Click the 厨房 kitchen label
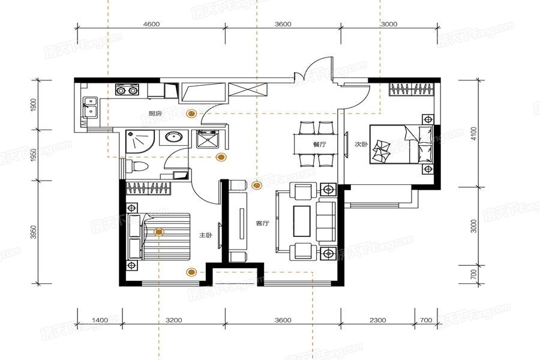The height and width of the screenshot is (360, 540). coord(155,113)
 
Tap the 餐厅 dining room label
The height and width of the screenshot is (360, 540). coord(319,145)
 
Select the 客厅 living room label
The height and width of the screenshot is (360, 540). coord(262,223)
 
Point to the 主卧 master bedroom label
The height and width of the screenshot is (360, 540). coord(205,235)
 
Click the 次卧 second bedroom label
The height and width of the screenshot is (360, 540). coord(361,145)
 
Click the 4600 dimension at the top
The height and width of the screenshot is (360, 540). coord(152,24)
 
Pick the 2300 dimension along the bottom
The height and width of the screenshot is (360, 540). coord(378,320)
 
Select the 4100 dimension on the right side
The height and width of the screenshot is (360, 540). coord(474,134)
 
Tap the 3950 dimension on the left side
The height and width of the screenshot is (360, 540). coord(34,233)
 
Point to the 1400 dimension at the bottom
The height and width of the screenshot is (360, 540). coord(100,320)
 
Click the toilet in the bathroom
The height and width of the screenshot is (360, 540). coord(137,166)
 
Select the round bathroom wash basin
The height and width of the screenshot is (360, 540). coord(174,137)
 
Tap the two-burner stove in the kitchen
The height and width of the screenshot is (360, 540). coord(127,89)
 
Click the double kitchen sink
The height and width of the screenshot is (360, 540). coord(91,107)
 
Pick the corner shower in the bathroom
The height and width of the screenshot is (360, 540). coord(139,141)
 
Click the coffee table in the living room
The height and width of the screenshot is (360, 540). coord(302,221)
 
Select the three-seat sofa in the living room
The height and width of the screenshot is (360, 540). coord(326,221)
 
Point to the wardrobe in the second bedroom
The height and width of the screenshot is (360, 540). coord(412,89)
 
